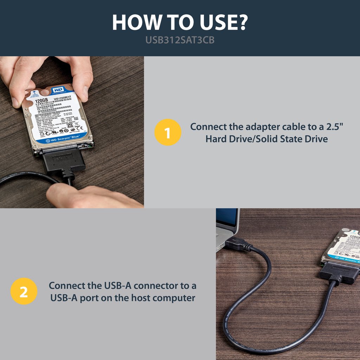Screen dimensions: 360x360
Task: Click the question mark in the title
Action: (x=241, y=23)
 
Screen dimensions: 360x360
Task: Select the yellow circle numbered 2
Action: (x=24, y=291)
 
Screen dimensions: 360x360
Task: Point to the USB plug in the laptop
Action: (x=237, y=244)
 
